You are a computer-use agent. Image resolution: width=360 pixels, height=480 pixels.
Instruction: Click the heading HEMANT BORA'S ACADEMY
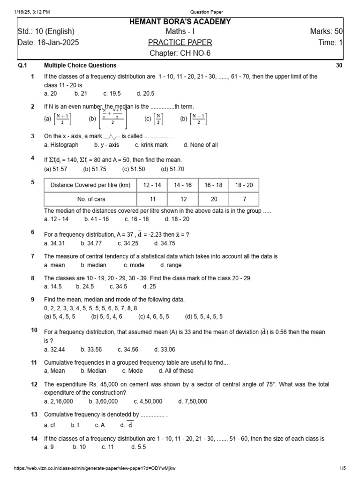180,22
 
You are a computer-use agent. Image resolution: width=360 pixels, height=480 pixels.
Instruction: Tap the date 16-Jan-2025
48,43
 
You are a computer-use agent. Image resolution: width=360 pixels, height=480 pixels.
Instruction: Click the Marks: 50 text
326,32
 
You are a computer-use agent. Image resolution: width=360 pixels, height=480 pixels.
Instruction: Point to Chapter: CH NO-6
180,53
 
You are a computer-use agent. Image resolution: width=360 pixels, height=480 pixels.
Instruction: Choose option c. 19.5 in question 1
112,93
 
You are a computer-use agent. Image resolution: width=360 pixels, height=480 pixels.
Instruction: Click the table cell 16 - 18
213,185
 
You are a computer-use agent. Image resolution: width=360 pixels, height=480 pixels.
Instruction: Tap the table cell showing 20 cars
213,199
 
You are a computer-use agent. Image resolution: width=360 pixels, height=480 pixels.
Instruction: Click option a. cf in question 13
50,425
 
